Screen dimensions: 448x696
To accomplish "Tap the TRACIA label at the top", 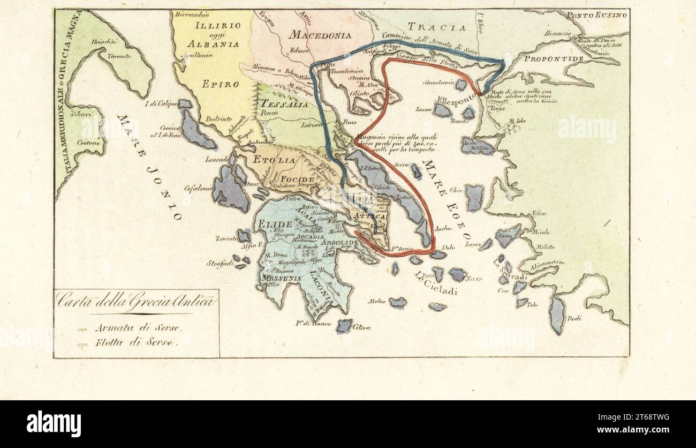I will click(x=433, y=27).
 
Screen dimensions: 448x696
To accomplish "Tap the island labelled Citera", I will click(x=344, y=326).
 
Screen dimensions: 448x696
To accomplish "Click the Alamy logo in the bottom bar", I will click(x=54, y=423).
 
